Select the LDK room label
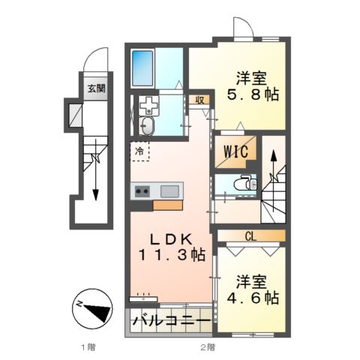pyautogui.click(x=174, y=238)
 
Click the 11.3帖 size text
pyautogui.click(x=175, y=254)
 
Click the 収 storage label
pyautogui.click(x=200, y=99)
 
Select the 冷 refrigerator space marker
pyautogui.click(x=139, y=151)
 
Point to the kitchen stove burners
pyautogui.click(x=142, y=191)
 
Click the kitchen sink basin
pyautogui.click(x=168, y=190)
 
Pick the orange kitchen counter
pyautogui.click(x=167, y=203)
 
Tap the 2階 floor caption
pyautogui.click(x=208, y=347)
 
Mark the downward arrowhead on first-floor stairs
pyautogui.click(x=95, y=196)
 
